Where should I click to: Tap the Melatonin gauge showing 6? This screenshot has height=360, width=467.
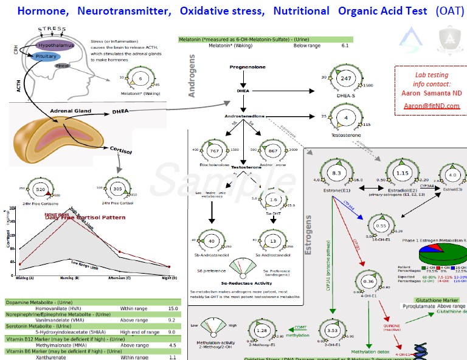coord(140,80)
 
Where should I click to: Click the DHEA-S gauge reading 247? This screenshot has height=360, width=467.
coord(346,79)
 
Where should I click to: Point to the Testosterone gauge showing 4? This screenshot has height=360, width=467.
coord(346,117)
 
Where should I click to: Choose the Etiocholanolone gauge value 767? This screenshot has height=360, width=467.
coord(213,150)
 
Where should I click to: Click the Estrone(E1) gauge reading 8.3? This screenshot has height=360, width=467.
coord(336,173)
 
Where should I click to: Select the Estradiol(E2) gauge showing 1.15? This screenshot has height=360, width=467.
coord(402,173)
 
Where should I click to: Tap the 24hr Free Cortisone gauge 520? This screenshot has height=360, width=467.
coord(41,190)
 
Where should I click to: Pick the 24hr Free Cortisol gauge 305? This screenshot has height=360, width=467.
coord(118,189)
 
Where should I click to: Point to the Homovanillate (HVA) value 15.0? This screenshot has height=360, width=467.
coord(173,309)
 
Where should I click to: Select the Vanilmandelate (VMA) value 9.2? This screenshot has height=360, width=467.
coord(172,319)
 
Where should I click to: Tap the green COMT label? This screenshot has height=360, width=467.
coord(299,327)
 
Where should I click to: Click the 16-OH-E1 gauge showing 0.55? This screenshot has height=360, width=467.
coord(381,226)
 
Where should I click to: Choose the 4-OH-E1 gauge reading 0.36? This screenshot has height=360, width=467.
coord(368,282)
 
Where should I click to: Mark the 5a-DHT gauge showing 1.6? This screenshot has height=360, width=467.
coord(273,199)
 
